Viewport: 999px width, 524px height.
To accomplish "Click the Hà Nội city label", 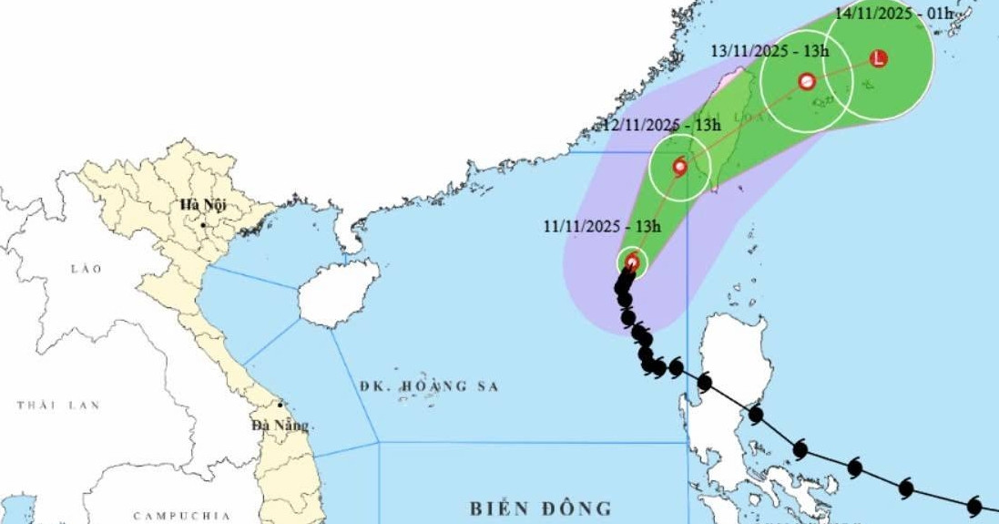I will click(202, 204).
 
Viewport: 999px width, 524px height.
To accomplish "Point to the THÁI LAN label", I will click(58, 405).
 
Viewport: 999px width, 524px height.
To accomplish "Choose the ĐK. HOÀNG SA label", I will click(429, 386).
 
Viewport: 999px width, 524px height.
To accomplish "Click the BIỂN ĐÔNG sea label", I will click(541, 508).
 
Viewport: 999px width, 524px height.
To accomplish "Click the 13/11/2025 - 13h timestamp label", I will click(770, 50).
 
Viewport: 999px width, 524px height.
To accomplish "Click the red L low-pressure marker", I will click(878, 58).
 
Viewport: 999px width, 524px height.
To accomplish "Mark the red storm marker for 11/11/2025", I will click(633, 263).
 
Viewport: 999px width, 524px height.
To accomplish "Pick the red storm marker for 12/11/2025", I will click(679, 167).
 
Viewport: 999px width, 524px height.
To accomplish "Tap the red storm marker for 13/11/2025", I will click(807, 81).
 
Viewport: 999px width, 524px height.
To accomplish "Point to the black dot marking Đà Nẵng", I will click(280, 406).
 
